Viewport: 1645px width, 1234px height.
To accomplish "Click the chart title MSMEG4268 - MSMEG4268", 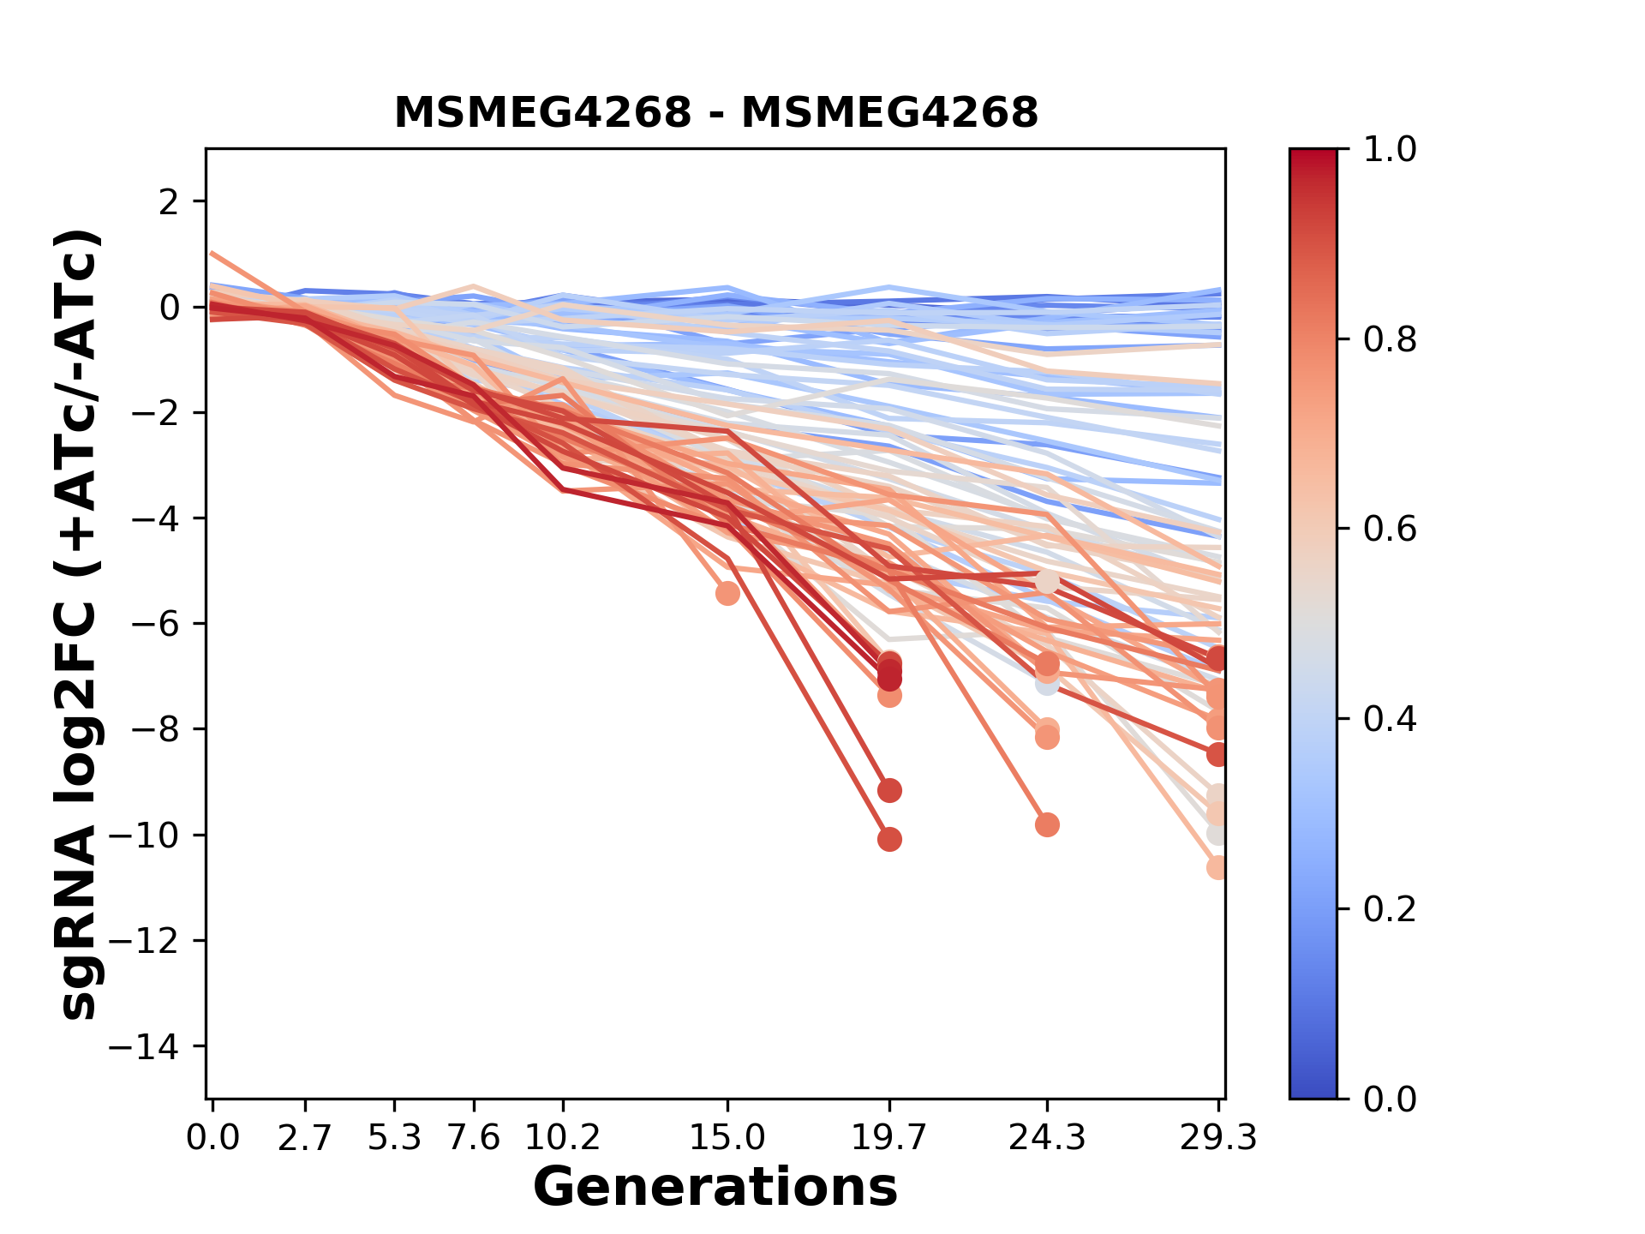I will (715, 113).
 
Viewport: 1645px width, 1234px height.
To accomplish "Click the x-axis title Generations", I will (715, 1188).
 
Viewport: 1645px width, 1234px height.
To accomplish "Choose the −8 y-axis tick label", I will (154, 729).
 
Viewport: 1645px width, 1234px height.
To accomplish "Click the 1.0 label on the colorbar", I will (1390, 150).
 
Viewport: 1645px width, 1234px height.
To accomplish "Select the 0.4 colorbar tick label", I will (1390, 719).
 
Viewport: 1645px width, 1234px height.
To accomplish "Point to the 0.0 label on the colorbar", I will (1390, 1099).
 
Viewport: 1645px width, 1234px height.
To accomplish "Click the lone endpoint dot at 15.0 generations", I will (727, 593).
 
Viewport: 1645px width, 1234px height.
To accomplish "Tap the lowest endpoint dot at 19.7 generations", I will (889, 839).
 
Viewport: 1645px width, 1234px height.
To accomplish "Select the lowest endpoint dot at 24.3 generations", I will (1046, 824).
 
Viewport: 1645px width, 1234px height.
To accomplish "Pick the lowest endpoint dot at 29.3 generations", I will (1217, 867).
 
